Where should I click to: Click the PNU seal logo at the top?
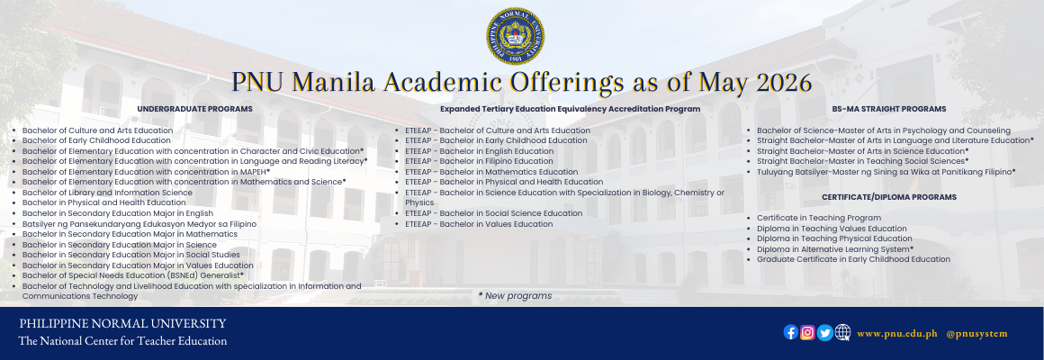coord(515,36)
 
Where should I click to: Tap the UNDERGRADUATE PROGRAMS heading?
coord(194,109)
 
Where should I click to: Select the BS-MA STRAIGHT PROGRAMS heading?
coord(889,109)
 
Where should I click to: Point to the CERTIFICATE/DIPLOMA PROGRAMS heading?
coord(889,197)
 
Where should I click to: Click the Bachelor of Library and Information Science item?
coord(107,193)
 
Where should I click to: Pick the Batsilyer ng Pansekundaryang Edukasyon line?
coord(139,224)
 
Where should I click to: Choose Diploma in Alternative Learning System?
coord(835,249)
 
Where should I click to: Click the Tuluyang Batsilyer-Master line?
coord(886,172)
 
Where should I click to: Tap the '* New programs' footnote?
coord(515,295)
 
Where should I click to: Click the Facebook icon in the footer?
coord(791,332)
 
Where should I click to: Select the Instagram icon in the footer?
coord(807,332)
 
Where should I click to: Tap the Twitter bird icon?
coord(825,332)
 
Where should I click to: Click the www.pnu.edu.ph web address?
coord(897,333)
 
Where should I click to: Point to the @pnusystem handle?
coord(976,333)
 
